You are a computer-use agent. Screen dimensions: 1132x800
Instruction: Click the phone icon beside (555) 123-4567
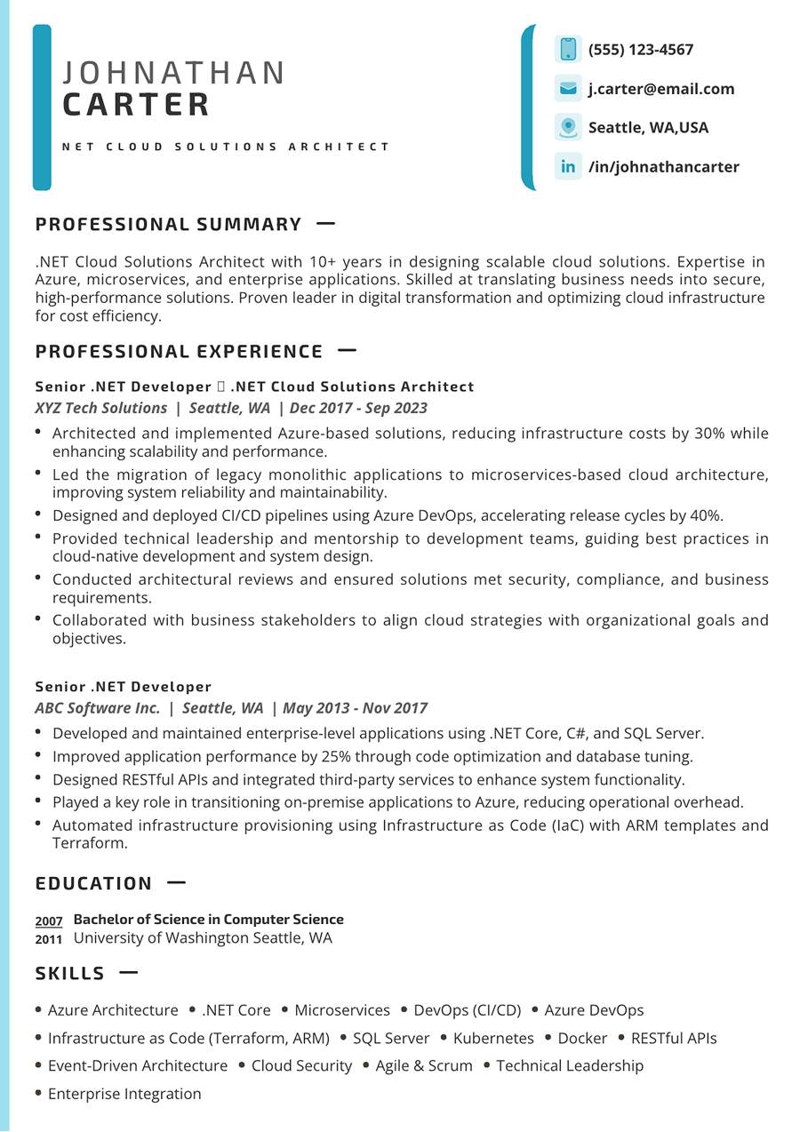point(568,50)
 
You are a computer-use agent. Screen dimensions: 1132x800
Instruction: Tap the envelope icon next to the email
point(568,89)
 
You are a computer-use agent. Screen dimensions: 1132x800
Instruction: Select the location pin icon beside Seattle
point(568,128)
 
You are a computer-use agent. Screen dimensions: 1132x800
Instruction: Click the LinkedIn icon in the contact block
point(568,167)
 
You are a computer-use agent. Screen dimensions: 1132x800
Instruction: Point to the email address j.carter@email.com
point(661,89)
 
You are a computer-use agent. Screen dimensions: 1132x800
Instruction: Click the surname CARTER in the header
point(137,105)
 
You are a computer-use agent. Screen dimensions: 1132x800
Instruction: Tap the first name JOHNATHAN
point(174,73)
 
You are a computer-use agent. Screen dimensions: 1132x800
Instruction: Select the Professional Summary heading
point(169,225)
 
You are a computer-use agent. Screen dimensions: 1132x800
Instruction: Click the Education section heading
point(94,884)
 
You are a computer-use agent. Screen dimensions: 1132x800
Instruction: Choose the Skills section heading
point(70,974)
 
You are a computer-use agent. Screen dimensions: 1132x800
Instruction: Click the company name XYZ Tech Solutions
point(101,409)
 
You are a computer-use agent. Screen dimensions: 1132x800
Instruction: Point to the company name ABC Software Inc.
point(98,709)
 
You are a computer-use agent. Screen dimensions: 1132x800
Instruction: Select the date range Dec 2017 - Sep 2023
point(358,409)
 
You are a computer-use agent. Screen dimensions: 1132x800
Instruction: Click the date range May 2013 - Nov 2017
point(355,709)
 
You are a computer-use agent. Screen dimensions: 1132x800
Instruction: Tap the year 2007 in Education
point(49,921)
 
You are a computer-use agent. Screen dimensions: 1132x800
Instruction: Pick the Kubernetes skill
point(493,1039)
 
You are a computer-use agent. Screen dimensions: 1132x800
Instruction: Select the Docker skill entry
point(582,1039)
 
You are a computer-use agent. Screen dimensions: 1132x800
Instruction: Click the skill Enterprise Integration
point(124,1095)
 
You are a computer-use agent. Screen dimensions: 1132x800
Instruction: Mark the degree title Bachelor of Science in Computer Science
point(208,920)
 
